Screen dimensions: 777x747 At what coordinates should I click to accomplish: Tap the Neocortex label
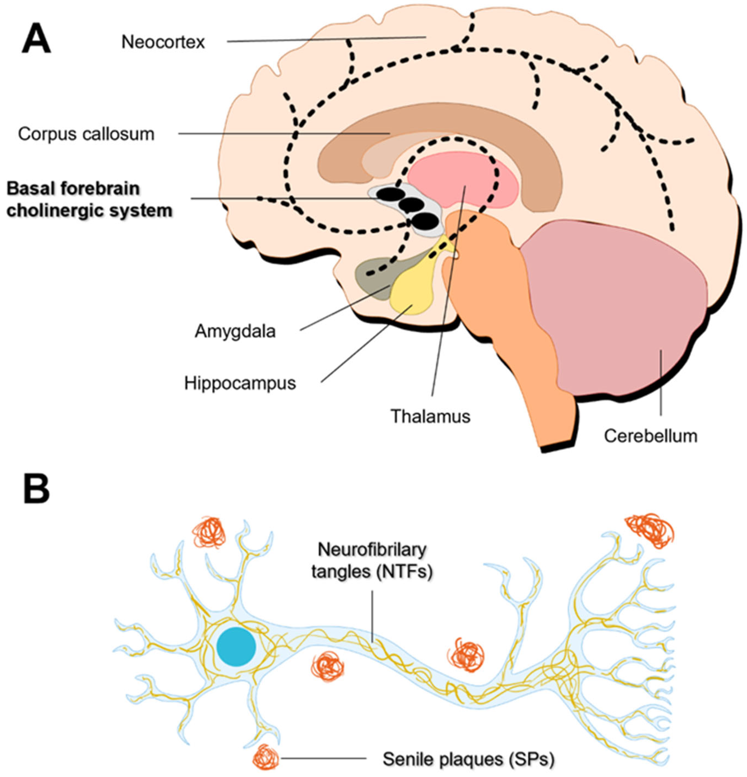(x=163, y=42)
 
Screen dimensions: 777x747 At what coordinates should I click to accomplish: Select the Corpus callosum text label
(x=86, y=134)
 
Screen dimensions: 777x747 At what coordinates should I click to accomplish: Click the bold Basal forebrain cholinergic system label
(x=89, y=199)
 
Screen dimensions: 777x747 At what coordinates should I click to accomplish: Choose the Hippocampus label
(x=240, y=383)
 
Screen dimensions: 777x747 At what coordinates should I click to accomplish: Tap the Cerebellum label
(x=650, y=436)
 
